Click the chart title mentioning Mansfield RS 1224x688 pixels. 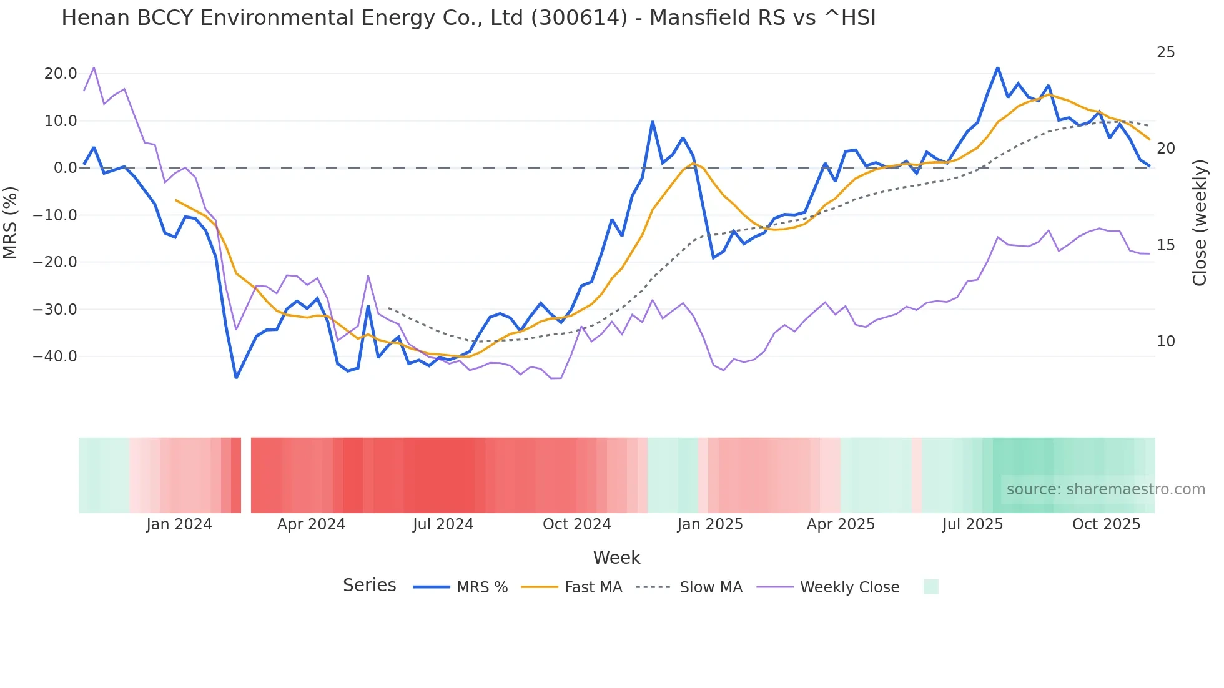click(468, 18)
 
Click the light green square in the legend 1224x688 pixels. click(930, 587)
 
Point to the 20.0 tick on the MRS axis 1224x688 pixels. click(61, 74)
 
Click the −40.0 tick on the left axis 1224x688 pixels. click(55, 356)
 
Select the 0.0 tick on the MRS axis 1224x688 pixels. click(66, 168)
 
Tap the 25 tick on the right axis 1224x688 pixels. click(1165, 52)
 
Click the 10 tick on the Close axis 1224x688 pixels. click(1165, 342)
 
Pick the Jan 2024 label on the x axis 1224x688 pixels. click(179, 524)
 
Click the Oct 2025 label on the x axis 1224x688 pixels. click(1106, 524)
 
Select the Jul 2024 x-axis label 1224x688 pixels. click(443, 524)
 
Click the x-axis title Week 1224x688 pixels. click(616, 558)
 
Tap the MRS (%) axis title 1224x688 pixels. click(11, 223)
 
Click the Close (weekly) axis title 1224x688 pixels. click(1200, 223)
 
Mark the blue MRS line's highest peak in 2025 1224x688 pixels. click(997, 68)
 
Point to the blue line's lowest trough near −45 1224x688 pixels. click(236, 377)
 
